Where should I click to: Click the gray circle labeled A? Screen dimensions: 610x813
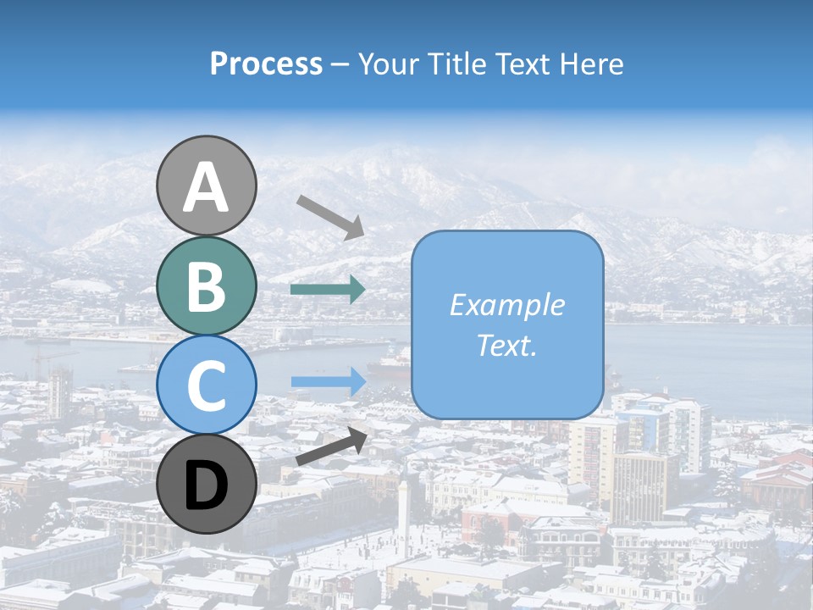click(x=207, y=186)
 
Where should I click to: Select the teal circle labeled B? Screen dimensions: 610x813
click(x=207, y=286)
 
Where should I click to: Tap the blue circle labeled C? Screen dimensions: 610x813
click(x=207, y=385)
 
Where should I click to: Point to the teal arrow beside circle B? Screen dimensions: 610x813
click(x=328, y=290)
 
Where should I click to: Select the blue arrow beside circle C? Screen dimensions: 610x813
click(x=328, y=381)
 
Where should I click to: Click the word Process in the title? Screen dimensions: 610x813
click(x=266, y=64)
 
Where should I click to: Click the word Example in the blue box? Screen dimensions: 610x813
click(x=506, y=305)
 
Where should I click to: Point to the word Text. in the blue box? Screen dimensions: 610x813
click(x=506, y=345)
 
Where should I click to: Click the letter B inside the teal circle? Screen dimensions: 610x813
click(x=207, y=286)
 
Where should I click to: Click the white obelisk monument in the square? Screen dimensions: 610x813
click(x=405, y=513)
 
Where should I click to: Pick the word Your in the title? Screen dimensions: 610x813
click(x=390, y=64)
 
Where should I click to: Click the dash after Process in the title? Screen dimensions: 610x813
click(x=340, y=64)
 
